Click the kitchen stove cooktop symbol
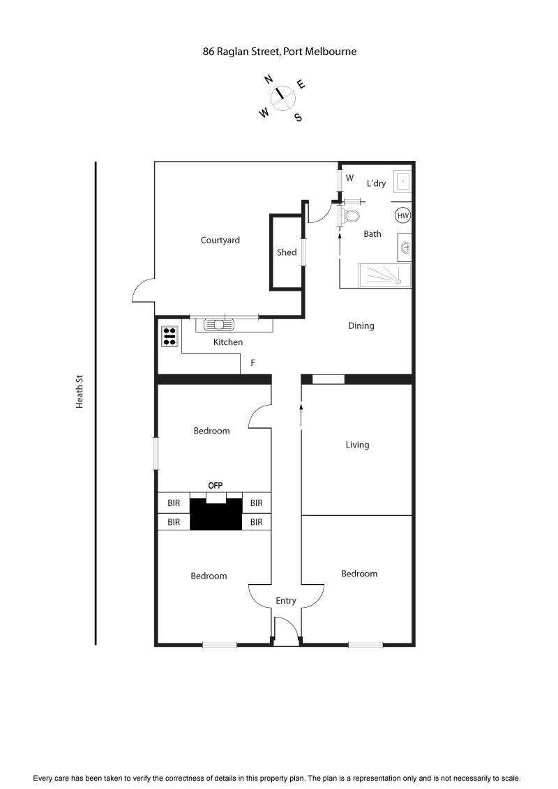click(x=169, y=337)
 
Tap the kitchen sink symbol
click(x=220, y=324)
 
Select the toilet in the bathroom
click(x=351, y=216)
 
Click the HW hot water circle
click(x=402, y=216)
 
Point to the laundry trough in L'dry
click(x=402, y=181)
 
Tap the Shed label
click(x=287, y=252)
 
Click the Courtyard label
click(x=220, y=240)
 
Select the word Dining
click(x=361, y=325)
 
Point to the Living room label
click(x=357, y=445)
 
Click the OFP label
click(x=216, y=486)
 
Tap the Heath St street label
click(x=80, y=392)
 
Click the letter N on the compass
click(x=269, y=79)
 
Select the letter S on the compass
click(x=298, y=117)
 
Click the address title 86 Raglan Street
click(x=279, y=51)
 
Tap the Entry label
click(x=286, y=601)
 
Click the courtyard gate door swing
click(x=143, y=291)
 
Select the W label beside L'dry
click(x=350, y=178)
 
